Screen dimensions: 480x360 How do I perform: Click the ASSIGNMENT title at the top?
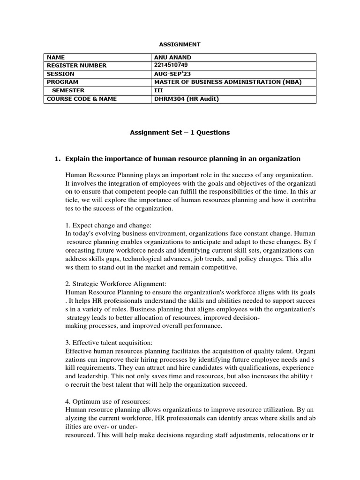180,44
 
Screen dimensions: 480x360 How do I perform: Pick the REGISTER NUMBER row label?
76,66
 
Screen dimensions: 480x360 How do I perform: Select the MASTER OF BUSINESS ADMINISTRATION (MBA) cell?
228,82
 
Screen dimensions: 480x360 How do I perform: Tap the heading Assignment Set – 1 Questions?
180,133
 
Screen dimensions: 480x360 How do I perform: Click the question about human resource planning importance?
183,159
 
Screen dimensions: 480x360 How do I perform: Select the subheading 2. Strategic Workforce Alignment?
116,284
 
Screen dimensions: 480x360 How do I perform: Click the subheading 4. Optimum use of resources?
108,401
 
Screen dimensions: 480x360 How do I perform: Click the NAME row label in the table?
56,58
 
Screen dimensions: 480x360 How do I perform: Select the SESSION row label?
60,74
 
